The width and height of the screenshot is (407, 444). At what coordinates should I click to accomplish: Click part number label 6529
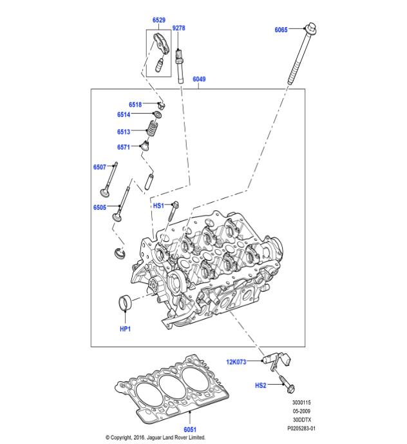click(160, 21)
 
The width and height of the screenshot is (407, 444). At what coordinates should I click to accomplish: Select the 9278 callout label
click(179, 28)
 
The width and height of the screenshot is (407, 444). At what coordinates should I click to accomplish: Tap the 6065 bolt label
click(281, 30)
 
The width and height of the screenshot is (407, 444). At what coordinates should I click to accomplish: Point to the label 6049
click(199, 80)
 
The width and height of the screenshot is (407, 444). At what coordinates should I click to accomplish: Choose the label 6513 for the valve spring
click(124, 132)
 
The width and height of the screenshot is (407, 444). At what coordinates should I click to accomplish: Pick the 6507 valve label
click(99, 167)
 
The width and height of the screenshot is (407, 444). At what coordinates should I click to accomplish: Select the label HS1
click(158, 205)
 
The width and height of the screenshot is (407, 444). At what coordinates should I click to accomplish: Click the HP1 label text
click(125, 329)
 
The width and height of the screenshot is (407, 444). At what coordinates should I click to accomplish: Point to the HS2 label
click(260, 386)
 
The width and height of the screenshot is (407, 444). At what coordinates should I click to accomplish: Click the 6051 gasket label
click(191, 429)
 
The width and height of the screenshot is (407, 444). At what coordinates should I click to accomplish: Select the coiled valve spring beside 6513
click(153, 130)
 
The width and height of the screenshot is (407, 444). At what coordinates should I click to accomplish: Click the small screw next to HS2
click(287, 388)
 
